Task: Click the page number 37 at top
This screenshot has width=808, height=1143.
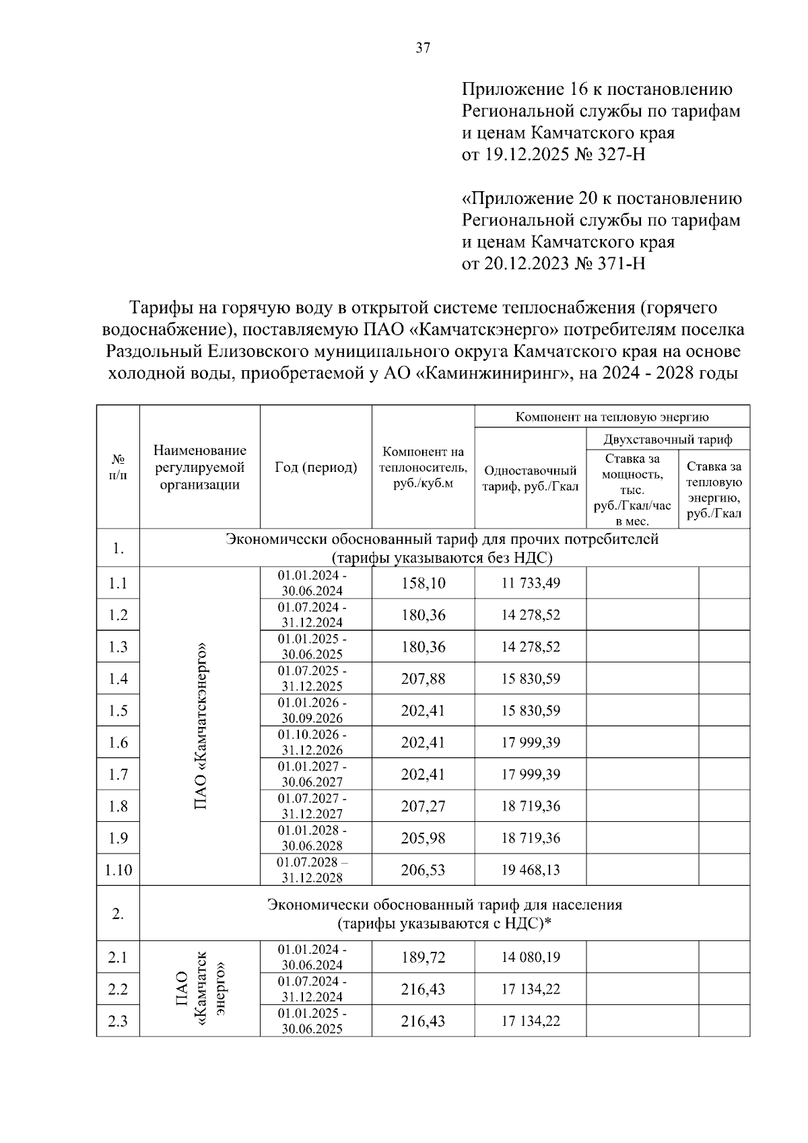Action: pyautogui.click(x=423, y=48)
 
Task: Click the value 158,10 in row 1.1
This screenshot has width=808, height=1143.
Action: pyautogui.click(x=423, y=583)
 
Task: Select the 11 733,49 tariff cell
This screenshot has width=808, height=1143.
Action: pyautogui.click(x=530, y=583)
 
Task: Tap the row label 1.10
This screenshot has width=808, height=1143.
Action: pyautogui.click(x=118, y=870)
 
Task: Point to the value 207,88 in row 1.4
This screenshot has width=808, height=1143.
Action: pyautogui.click(x=423, y=679)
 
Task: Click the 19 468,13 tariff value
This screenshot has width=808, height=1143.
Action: pyautogui.click(x=530, y=870)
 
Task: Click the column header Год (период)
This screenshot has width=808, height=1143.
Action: pyautogui.click(x=316, y=467)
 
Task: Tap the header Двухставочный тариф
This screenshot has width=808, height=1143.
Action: pyautogui.click(x=667, y=440)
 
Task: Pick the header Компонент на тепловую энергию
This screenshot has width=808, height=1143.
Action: pyautogui.click(x=611, y=417)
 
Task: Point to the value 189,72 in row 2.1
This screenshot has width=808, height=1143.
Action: pyautogui.click(x=423, y=957)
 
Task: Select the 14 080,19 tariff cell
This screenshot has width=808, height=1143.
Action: pyautogui.click(x=530, y=957)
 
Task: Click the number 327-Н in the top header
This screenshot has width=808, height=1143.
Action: pyautogui.click(x=620, y=155)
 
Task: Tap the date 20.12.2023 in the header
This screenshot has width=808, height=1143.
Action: pyautogui.click(x=527, y=264)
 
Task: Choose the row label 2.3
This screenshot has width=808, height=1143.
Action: pyautogui.click(x=118, y=1021)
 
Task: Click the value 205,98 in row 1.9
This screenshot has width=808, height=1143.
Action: pyautogui.click(x=423, y=838)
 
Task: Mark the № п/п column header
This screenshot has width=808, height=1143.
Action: pyautogui.click(x=118, y=467)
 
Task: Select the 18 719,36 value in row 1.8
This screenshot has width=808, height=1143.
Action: pyautogui.click(x=530, y=806)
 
